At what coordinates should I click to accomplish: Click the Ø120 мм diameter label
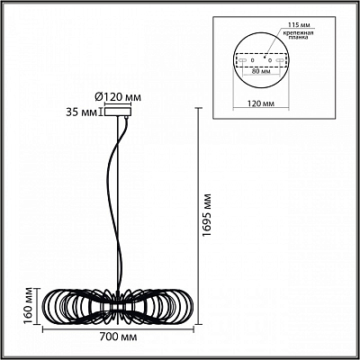click(118, 97)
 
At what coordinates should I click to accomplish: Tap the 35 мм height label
click(81, 112)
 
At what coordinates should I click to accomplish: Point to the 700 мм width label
click(118, 337)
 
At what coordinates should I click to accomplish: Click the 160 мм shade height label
click(29, 306)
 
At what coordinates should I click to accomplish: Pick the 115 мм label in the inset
click(299, 24)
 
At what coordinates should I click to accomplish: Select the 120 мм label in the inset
click(261, 103)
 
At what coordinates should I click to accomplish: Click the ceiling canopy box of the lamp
click(117, 112)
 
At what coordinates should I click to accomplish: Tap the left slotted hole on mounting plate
click(242, 60)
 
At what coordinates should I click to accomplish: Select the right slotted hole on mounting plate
click(280, 60)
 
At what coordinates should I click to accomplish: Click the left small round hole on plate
click(252, 60)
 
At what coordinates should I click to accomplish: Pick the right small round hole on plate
click(270, 60)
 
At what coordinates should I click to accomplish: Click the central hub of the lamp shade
click(118, 307)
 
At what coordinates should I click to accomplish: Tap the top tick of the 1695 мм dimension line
click(198, 108)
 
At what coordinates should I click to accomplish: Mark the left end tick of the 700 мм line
click(43, 329)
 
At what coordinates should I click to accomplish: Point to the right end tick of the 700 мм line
click(193, 329)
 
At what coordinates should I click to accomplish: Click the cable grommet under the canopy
click(126, 118)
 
